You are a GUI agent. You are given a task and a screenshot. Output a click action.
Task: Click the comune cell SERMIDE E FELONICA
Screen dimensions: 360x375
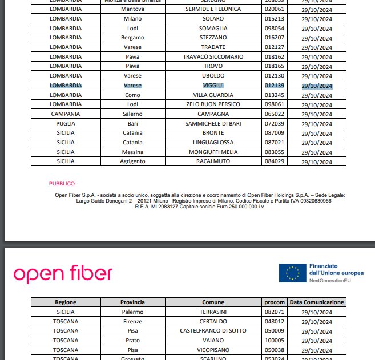(x=213, y=9)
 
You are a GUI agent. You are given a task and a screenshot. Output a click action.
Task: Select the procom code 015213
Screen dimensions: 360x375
(x=273, y=19)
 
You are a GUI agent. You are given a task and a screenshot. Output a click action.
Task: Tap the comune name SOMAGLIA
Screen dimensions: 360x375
(x=213, y=28)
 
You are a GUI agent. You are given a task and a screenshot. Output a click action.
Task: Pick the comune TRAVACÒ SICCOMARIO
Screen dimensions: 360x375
(x=213, y=56)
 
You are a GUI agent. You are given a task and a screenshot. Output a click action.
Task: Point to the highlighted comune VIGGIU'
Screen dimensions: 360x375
(x=213, y=86)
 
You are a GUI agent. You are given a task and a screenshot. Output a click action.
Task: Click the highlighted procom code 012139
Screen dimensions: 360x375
(x=273, y=86)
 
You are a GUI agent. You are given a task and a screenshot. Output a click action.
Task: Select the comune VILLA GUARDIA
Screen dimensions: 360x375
(x=213, y=95)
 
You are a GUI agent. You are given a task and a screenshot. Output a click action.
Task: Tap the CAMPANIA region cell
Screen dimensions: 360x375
(x=66, y=114)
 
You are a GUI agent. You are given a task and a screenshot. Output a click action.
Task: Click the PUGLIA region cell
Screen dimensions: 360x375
(x=66, y=123)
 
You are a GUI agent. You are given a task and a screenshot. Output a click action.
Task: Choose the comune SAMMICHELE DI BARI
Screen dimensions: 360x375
(x=213, y=123)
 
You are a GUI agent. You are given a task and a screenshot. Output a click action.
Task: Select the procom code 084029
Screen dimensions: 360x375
(x=273, y=161)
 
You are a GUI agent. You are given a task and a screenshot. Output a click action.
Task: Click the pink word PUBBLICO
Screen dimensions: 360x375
(x=62, y=184)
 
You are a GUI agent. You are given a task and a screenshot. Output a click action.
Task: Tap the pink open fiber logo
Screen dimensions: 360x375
(x=63, y=274)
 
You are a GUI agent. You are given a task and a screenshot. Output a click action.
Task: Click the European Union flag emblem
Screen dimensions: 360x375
(x=292, y=273)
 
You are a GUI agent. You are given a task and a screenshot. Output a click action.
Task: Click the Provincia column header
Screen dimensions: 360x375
(x=132, y=302)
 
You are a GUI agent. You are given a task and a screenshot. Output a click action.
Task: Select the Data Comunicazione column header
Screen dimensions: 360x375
(x=317, y=302)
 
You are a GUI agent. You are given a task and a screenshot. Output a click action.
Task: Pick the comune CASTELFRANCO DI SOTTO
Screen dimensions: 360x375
(x=213, y=330)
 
